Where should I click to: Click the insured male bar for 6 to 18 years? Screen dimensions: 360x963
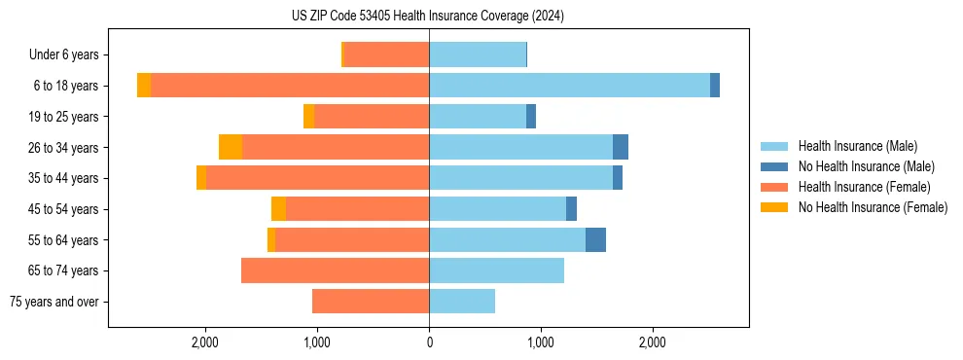click(x=569, y=86)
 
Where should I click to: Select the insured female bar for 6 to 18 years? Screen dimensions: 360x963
click(x=290, y=86)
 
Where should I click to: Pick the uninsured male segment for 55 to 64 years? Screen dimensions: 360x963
click(x=595, y=239)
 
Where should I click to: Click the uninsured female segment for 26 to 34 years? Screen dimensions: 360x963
click(x=231, y=147)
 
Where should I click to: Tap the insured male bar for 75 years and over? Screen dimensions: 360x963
click(x=462, y=302)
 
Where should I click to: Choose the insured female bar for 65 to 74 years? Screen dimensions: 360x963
click(x=335, y=270)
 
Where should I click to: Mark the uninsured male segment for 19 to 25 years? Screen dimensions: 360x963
click(x=531, y=117)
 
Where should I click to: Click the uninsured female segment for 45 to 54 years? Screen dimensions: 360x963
click(x=278, y=208)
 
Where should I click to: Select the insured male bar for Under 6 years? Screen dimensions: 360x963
click(x=478, y=54)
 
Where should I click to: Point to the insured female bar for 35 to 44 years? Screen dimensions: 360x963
click(x=317, y=178)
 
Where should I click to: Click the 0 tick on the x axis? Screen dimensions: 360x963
click(x=429, y=342)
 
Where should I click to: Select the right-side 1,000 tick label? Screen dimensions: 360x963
click(x=541, y=342)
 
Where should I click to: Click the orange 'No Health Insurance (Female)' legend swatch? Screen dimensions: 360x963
click(x=775, y=207)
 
